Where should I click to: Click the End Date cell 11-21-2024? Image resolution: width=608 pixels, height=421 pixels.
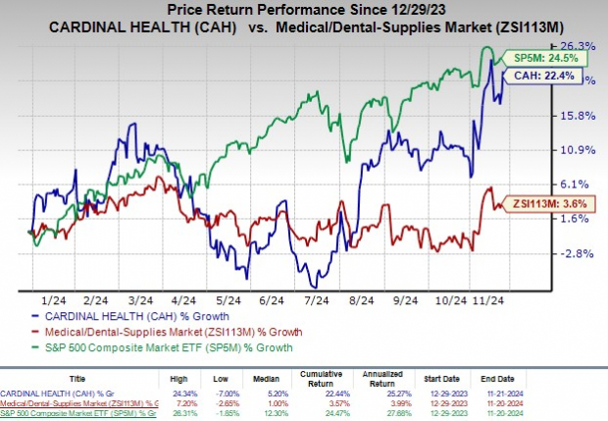pyautogui.click(x=508, y=395)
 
